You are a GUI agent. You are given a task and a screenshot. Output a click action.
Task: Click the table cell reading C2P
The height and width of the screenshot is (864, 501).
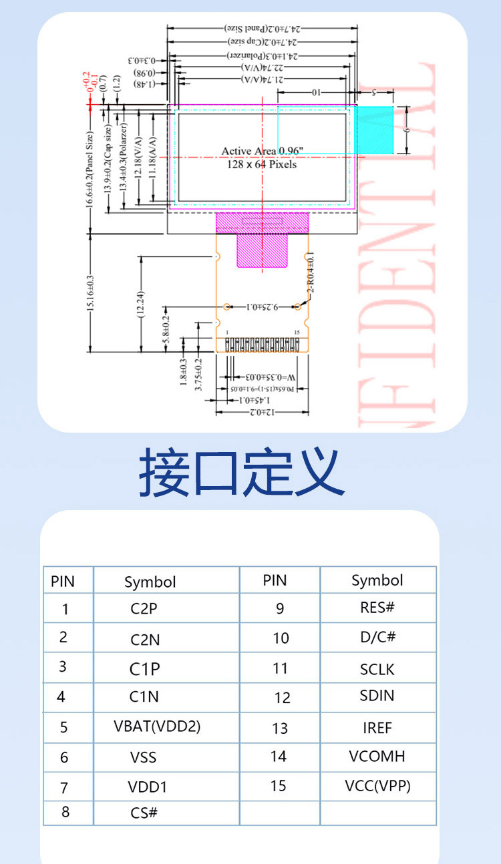[144, 608]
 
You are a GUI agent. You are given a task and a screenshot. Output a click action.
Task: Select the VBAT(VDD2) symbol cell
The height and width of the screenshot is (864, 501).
[157, 726]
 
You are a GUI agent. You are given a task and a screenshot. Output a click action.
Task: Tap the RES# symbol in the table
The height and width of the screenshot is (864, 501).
[377, 608]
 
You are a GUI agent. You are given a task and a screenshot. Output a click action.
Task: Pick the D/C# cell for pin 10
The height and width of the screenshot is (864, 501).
[377, 637]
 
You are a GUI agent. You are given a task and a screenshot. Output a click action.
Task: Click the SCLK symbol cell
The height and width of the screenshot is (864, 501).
[377, 668]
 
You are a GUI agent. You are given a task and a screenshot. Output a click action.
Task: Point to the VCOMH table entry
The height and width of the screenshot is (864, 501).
[377, 757]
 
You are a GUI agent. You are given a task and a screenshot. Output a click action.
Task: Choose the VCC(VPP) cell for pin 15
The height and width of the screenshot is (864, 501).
[377, 786]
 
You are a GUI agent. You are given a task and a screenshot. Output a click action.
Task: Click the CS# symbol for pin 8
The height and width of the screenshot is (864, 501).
[144, 813]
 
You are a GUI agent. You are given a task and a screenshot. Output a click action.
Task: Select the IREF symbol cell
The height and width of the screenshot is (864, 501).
[377, 728]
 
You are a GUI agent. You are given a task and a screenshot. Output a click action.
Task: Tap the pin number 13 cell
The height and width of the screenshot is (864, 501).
[280, 728]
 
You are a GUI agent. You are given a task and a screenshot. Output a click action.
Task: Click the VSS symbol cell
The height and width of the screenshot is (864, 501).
[144, 757]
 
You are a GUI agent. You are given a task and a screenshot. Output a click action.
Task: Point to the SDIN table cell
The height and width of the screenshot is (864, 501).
[377, 696]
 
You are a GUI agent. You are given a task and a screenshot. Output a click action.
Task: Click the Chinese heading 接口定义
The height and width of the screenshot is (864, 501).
[242, 473]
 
